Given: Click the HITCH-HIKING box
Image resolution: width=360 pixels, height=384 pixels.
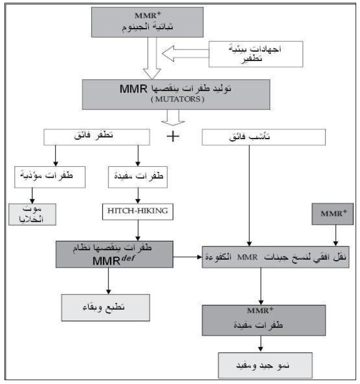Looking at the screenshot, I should [x=138, y=210].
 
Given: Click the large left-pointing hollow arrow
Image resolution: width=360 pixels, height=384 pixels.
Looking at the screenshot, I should [x=188, y=54].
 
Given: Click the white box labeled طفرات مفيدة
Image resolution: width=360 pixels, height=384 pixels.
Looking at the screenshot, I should [x=138, y=177].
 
